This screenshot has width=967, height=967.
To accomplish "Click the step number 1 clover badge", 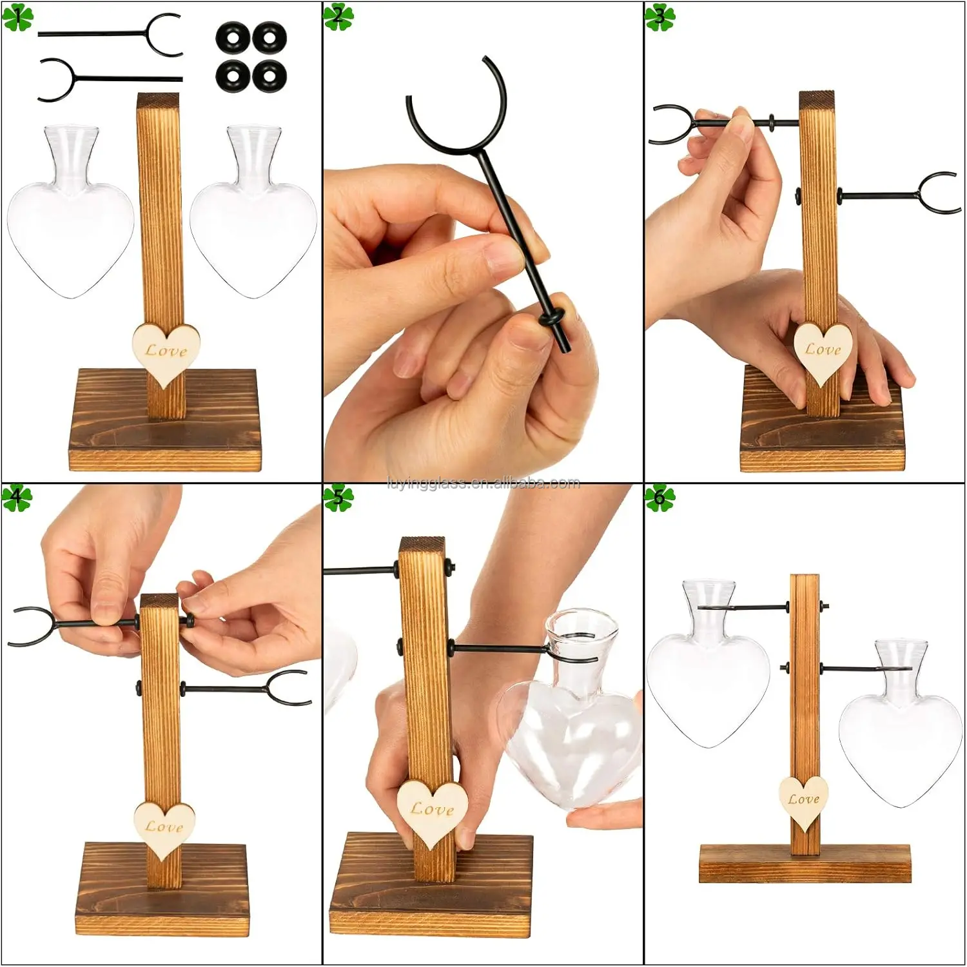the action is click(17, 17).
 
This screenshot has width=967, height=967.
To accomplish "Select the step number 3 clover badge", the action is click(659, 17).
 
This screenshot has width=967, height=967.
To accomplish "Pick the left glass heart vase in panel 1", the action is click(71, 212).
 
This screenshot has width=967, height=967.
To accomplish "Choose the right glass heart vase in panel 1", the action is click(254, 212).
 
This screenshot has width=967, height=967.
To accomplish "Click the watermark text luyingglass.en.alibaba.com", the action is click(484, 483).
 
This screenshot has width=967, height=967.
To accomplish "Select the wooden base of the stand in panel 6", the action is click(805, 863).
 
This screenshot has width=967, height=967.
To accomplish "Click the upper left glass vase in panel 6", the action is click(708, 664).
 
